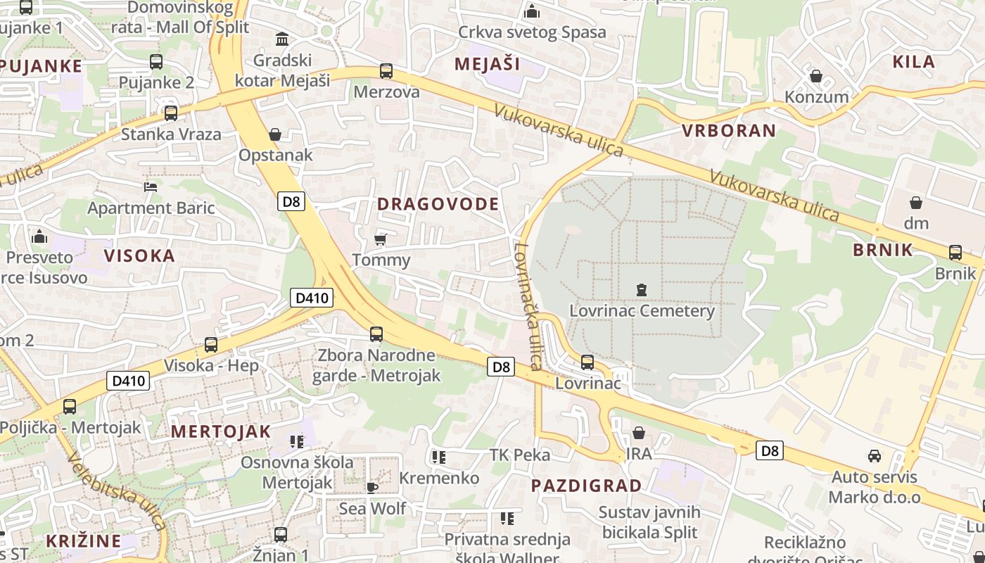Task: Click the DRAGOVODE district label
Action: pyautogui.click(x=438, y=204)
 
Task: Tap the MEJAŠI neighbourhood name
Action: pyautogui.click(x=487, y=64)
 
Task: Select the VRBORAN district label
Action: pyautogui.click(x=728, y=130)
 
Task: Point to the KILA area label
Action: pyautogui.click(x=913, y=61)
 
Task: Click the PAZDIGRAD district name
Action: pyautogui.click(x=586, y=486)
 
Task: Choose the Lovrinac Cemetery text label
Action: pyautogui.click(x=642, y=310)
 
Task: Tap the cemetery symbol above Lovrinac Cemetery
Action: pyautogui.click(x=641, y=289)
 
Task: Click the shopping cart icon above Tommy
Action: pyautogui.click(x=381, y=239)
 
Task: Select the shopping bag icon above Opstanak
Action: pyautogui.click(x=275, y=134)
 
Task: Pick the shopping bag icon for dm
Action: pyautogui.click(x=916, y=203)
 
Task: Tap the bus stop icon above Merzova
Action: pyautogui.click(x=386, y=71)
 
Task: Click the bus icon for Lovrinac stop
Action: pyautogui.click(x=587, y=362)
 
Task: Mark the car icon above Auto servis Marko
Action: pyautogui.click(x=874, y=456)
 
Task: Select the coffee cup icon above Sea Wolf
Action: pyautogui.click(x=371, y=487)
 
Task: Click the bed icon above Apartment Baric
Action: pyautogui.click(x=151, y=186)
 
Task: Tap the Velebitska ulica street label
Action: pyautogui.click(x=117, y=491)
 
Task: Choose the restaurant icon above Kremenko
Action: pyautogui.click(x=439, y=457)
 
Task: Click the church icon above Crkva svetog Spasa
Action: pyautogui.click(x=532, y=11)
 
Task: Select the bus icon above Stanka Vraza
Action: pyautogui.click(x=170, y=113)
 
